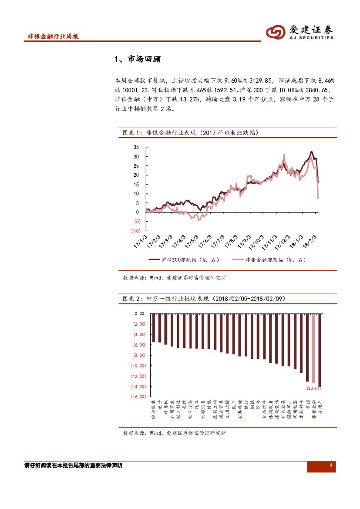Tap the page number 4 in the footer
pyautogui.click(x=331, y=466)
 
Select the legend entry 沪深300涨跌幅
pyautogui.click(x=184, y=260)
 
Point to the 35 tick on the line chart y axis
pyautogui.click(x=136, y=147)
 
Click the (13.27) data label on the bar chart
pyautogui.click(x=313, y=388)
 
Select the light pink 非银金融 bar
pyautogui.click(x=313, y=348)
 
